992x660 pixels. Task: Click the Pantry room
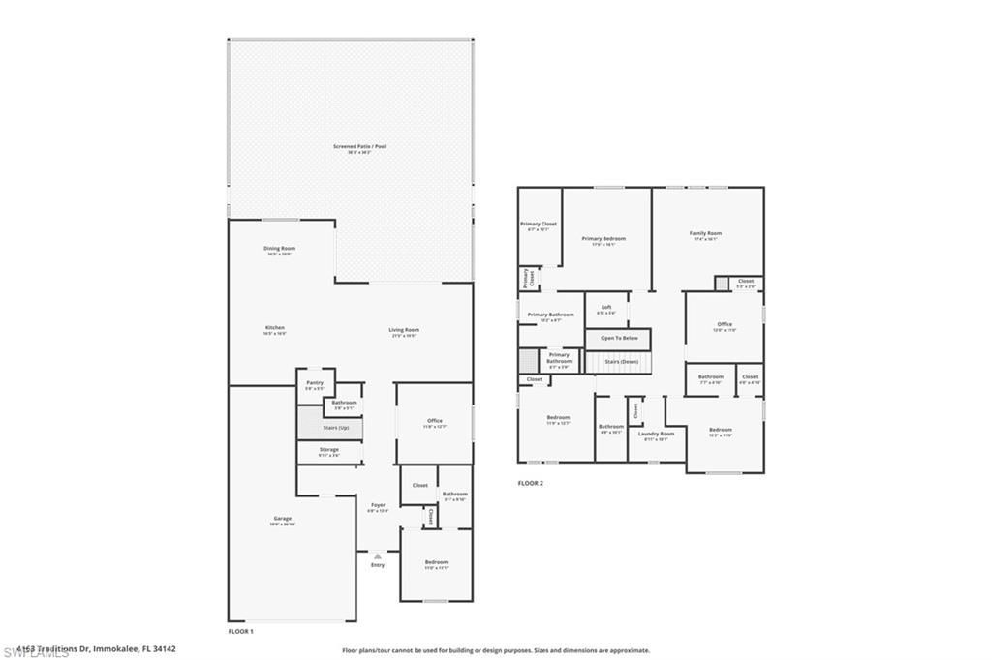(x=314, y=384)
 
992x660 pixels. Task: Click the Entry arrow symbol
(x=378, y=555)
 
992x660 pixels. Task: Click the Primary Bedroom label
(x=604, y=239)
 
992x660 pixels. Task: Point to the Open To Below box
(x=618, y=338)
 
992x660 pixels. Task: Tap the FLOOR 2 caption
(x=530, y=483)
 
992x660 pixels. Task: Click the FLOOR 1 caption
(x=240, y=631)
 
